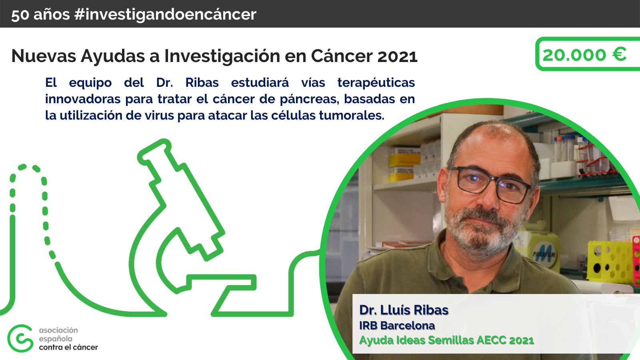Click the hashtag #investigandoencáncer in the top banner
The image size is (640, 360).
(165, 14)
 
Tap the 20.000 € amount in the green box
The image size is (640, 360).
(584, 54)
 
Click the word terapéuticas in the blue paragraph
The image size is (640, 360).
(376, 83)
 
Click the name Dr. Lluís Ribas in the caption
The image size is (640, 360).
(404, 310)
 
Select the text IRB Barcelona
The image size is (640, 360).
(397, 326)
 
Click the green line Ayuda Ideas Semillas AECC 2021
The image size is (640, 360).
(446, 340)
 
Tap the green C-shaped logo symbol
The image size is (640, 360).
(20, 338)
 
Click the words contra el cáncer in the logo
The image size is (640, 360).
(68, 348)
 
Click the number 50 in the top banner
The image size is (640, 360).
(20, 15)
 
